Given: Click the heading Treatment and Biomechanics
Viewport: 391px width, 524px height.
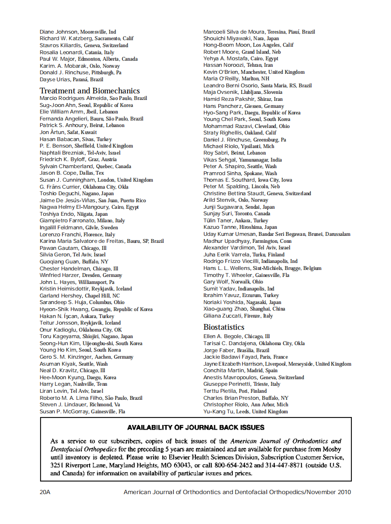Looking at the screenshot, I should pos(90,91).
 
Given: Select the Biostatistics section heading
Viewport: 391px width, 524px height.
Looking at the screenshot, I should pos(223,327).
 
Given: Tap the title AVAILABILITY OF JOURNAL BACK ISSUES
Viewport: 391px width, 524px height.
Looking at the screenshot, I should pos(196,427).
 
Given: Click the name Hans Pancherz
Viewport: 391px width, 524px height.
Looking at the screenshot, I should pos(223,106).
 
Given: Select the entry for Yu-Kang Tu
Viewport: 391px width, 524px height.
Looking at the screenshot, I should pos(217,411).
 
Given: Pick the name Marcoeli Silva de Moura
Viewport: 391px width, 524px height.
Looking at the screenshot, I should pos(235,32).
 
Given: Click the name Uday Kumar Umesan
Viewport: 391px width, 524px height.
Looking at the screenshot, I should pos(230,234).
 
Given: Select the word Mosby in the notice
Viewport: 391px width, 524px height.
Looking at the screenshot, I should pos(332,449).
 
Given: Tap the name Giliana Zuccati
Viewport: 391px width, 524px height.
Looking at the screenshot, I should pos(221,316).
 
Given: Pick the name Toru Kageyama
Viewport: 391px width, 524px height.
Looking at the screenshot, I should pos(59,336).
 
